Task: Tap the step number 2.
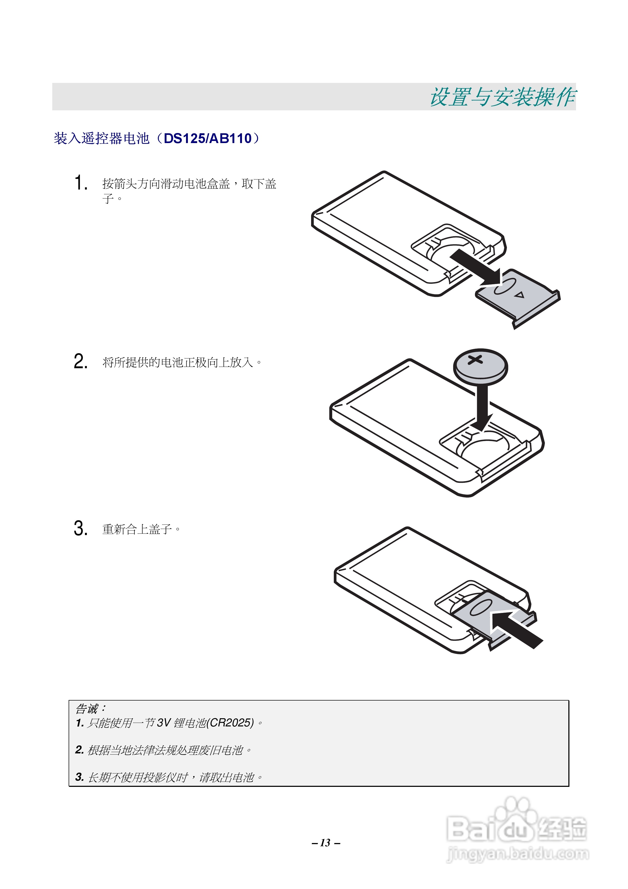(x=80, y=361)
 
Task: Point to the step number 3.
(x=80, y=528)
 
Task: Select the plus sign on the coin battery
(x=475, y=359)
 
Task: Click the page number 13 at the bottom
(x=325, y=843)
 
